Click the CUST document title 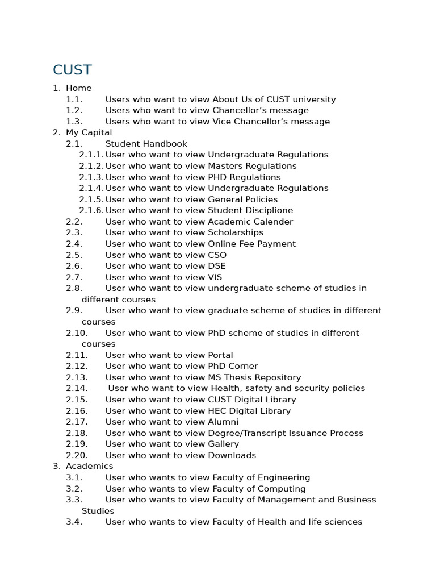pyautogui.click(x=72, y=70)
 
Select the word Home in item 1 pyautogui.click(x=78, y=88)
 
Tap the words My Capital pyautogui.click(x=89, y=132)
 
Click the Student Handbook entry pyautogui.click(x=146, y=144)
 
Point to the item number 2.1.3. pyautogui.click(x=91, y=177)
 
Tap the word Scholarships pyautogui.click(x=236, y=232)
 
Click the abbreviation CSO pyautogui.click(x=217, y=255)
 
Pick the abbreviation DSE pyautogui.click(x=216, y=266)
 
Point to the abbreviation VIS pyautogui.click(x=215, y=277)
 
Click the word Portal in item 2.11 pyautogui.click(x=220, y=355)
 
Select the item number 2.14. pyautogui.click(x=77, y=388)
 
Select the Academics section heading pyautogui.click(x=89, y=466)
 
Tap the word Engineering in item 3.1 pyautogui.click(x=284, y=477)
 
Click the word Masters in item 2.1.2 pyautogui.click(x=225, y=166)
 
